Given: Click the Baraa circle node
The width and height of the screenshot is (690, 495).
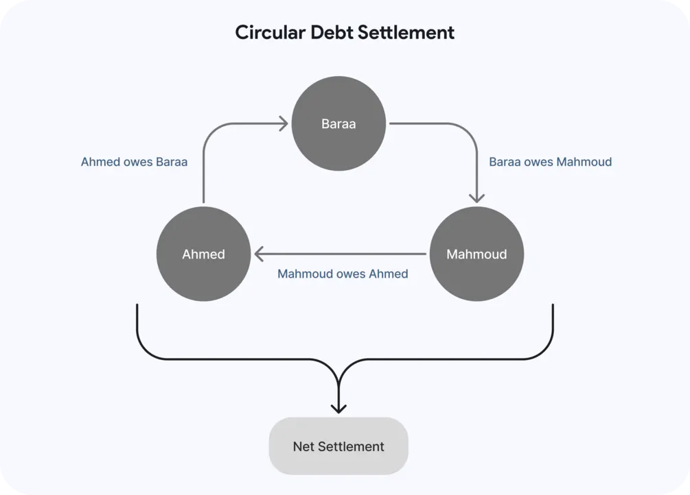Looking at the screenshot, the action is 338,123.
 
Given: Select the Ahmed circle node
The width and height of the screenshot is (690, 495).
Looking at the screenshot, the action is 203,254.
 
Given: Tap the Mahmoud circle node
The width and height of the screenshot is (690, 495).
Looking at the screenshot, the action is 476,254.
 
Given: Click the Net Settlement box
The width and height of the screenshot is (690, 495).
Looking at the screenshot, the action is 338,446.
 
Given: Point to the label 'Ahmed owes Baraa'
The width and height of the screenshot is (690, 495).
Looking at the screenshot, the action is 134,162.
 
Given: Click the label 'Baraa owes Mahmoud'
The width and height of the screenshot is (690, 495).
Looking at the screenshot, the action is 551,162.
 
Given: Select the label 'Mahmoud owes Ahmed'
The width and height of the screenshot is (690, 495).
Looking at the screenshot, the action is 343,274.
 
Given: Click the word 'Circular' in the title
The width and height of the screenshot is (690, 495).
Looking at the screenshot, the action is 270,32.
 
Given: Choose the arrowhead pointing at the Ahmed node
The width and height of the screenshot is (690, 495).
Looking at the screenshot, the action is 259,254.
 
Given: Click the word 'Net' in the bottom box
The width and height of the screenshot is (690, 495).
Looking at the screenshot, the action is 303,446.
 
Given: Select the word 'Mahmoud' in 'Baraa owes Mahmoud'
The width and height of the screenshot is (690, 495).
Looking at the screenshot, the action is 584,162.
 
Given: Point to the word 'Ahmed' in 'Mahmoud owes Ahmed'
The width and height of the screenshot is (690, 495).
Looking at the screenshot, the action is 389,274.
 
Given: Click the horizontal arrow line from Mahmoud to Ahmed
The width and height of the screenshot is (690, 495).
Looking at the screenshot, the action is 340,254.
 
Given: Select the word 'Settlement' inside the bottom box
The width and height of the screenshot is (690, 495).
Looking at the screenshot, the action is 351,446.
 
